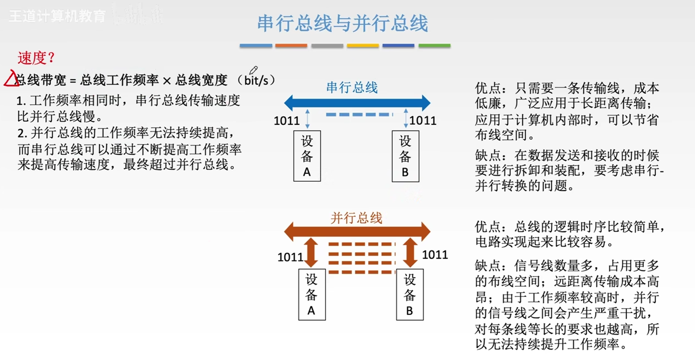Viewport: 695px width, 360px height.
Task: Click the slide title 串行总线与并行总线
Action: [342, 23]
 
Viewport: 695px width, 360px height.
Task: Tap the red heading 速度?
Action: [36, 58]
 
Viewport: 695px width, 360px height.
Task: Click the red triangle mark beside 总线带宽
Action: [10, 79]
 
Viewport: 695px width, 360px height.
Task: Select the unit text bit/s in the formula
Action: [256, 80]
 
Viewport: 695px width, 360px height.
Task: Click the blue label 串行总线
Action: [352, 87]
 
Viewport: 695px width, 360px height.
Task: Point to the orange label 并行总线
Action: [356, 218]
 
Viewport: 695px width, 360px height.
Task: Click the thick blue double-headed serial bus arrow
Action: [357, 103]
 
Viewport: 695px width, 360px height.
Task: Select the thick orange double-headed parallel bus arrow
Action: [357, 230]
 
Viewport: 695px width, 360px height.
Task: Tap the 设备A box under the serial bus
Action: [307, 156]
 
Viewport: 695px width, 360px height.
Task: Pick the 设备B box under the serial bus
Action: [405, 156]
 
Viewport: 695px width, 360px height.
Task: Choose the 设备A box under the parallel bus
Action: [312, 295]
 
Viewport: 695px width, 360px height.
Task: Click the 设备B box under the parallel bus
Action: [409, 295]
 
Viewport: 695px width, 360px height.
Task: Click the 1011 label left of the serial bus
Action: [287, 120]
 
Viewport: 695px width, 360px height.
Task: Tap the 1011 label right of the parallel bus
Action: [435, 254]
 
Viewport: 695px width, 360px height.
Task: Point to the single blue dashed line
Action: [359, 115]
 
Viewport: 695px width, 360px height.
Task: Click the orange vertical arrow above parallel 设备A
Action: [311, 252]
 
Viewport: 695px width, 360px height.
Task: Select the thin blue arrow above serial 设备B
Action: [406, 118]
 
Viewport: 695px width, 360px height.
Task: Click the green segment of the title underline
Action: [434, 45]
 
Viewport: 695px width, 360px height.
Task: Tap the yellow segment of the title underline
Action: [363, 45]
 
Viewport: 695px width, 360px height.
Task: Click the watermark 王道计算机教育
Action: [57, 16]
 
